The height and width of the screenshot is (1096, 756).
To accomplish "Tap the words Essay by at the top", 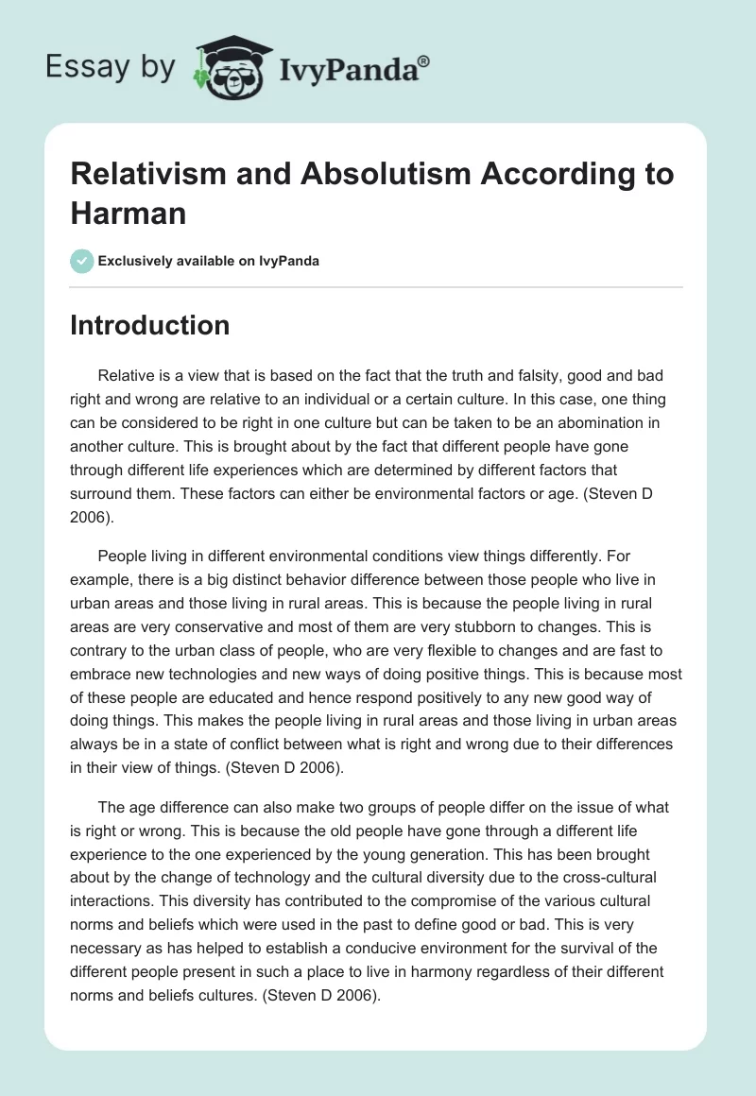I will click(x=111, y=66).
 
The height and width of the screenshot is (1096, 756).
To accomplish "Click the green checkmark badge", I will click(x=81, y=261).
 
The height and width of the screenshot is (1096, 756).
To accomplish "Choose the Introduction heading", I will click(x=150, y=325).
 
